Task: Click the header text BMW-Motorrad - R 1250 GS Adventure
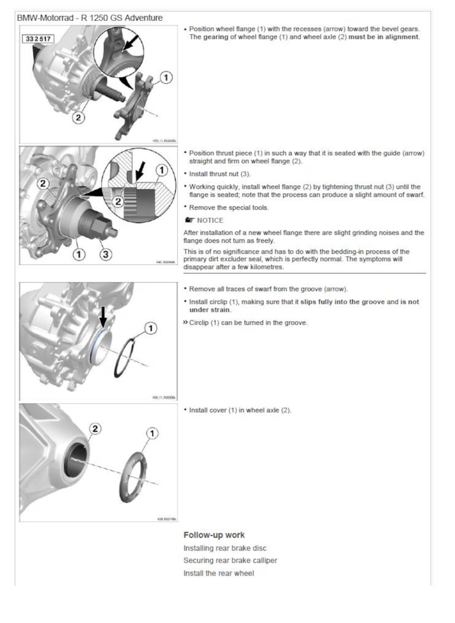coord(89,18)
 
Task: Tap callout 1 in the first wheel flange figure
coord(165,78)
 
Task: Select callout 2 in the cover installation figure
coord(95,428)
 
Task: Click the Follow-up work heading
coord(214,535)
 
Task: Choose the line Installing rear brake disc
coord(225,548)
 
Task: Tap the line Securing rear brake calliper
coord(230,561)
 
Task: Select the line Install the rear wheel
coord(219,573)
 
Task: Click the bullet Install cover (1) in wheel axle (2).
coord(240,410)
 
